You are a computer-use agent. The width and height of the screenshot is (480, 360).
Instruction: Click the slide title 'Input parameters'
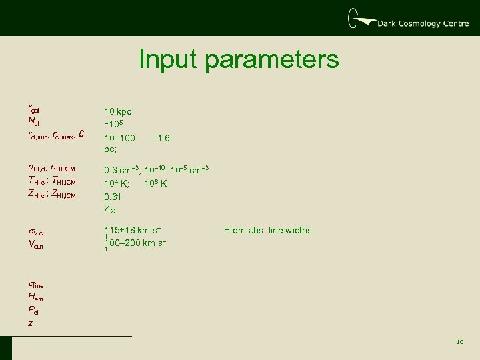(239, 59)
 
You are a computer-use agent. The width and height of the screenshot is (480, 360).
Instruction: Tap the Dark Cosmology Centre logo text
(418, 23)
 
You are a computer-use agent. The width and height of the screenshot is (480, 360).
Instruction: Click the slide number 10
(459, 342)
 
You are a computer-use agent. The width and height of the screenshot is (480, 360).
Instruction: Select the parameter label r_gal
(35, 109)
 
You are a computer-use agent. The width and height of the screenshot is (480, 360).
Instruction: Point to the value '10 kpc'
(117, 112)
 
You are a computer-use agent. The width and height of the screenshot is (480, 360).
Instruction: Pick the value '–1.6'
(161, 139)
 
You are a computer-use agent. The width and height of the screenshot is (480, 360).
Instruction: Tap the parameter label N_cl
(34, 121)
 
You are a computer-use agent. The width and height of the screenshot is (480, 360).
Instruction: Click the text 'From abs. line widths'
(267, 231)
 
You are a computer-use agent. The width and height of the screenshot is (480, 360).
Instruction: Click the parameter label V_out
(35, 245)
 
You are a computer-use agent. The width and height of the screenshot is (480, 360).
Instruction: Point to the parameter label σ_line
(37, 285)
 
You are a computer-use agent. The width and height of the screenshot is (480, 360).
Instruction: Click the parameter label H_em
(35, 298)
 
